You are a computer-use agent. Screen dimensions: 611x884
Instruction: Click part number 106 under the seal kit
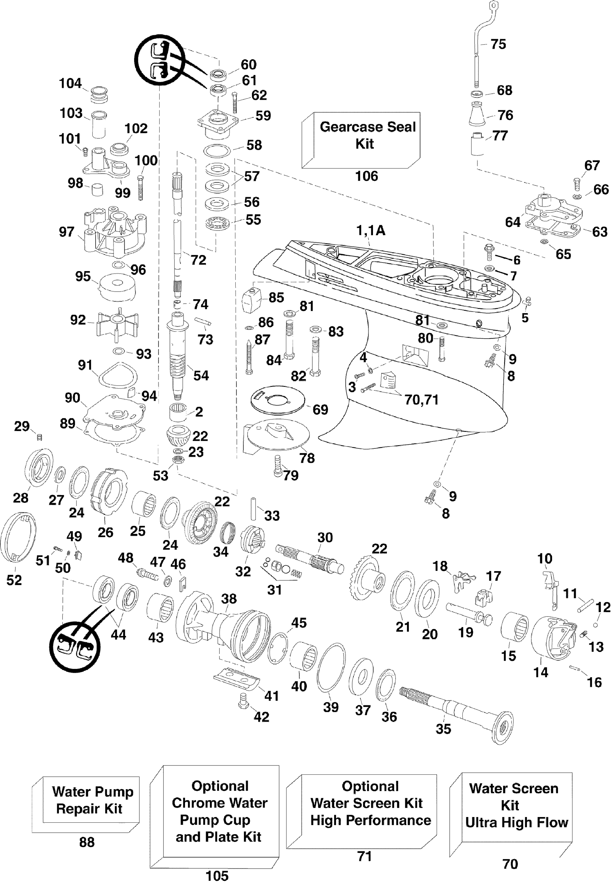click(366, 176)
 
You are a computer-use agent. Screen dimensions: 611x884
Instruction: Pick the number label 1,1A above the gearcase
click(371, 231)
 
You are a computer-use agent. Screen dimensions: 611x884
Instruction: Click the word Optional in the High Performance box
click(370, 786)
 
